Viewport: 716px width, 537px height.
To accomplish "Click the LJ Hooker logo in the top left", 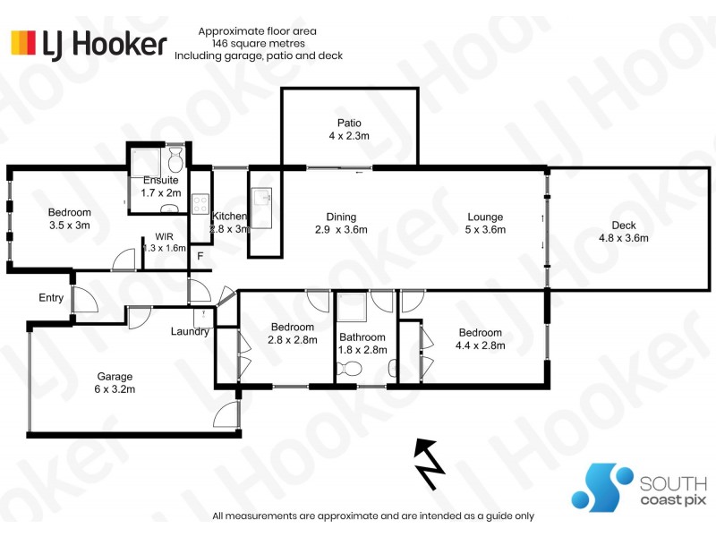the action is point(89,44).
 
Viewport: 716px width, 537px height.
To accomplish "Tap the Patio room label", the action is point(349,123).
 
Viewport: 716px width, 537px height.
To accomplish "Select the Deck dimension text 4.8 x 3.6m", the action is point(623,238).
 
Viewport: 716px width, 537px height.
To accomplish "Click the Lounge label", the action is point(485,217).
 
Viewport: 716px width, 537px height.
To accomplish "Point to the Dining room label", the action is point(341,217).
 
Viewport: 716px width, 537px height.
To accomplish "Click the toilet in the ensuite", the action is point(175,158).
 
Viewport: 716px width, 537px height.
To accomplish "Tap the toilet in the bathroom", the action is point(349,368).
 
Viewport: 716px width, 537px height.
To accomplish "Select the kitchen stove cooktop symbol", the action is point(200,204).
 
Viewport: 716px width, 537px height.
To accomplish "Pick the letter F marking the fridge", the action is point(200,257).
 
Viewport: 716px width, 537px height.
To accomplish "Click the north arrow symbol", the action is point(429,464).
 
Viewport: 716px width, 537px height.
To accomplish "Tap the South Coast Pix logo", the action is point(639,489).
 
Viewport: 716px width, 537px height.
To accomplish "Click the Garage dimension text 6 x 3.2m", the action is point(115,389).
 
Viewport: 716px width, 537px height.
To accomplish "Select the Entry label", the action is point(51,298).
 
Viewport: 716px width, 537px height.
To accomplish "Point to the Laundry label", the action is point(190,331).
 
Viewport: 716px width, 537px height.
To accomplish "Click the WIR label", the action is point(165,236).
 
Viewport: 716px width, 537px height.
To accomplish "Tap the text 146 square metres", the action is point(259,43).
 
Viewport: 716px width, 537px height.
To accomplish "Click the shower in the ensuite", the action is point(145,162).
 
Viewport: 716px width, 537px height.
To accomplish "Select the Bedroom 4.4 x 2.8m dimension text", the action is point(481,345).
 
